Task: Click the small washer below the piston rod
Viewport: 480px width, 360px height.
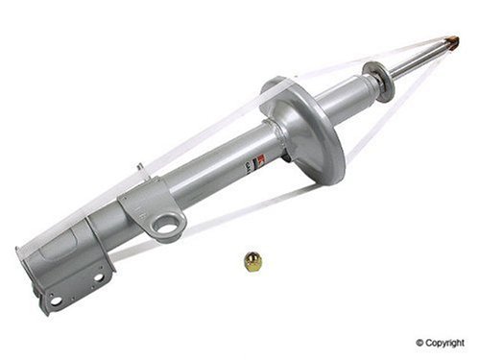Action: click(380, 81)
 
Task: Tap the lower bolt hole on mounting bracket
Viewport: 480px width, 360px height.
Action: click(57, 300)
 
